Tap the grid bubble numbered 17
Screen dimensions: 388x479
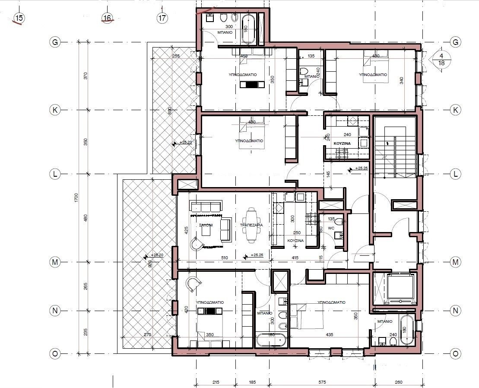[x=162, y=18]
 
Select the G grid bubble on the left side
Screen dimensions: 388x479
[x=55, y=42]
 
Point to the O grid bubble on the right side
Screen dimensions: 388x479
[x=455, y=353]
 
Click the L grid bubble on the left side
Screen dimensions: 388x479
[x=55, y=174]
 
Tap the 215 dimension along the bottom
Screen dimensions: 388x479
[x=216, y=382]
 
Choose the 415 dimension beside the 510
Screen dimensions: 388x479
[x=295, y=258]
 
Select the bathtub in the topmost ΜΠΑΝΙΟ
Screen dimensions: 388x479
[x=249, y=29]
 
